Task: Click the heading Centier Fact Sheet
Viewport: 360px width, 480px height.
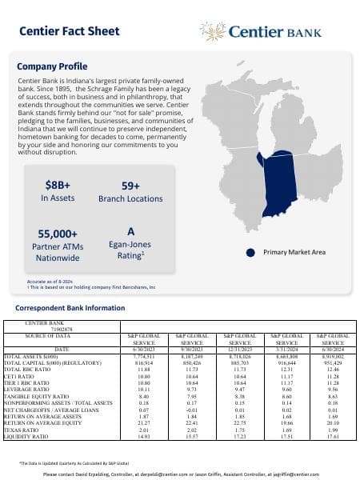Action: pyautogui.click(x=68, y=32)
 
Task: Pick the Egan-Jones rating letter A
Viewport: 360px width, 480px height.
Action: pyautogui.click(x=130, y=231)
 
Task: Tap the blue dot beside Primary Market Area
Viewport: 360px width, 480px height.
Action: pyautogui.click(x=249, y=252)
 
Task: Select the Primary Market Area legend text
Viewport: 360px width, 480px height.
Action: pyautogui.click(x=294, y=252)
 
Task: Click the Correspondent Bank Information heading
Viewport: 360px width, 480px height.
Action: pyautogui.click(x=70, y=307)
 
